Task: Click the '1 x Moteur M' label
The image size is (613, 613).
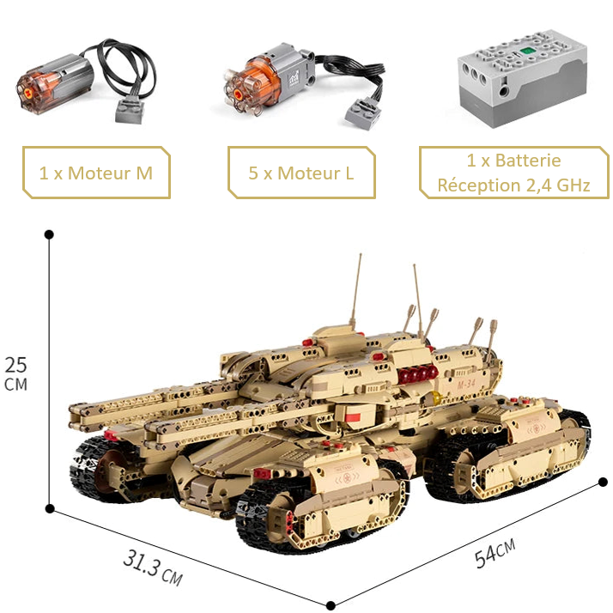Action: [x=95, y=173]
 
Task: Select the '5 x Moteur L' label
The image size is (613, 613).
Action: [x=300, y=173]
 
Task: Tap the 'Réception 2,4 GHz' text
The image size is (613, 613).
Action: [x=513, y=185]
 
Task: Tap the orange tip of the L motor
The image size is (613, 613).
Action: [x=240, y=84]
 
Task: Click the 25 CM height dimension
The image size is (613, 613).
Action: [x=15, y=372]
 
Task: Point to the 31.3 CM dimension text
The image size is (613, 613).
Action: [x=152, y=568]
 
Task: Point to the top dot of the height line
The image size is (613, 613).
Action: [x=49, y=234]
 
